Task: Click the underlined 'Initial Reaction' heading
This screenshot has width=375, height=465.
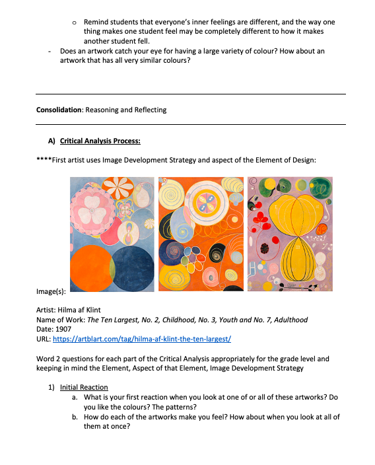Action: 84,387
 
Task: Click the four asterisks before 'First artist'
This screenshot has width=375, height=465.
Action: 44,160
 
